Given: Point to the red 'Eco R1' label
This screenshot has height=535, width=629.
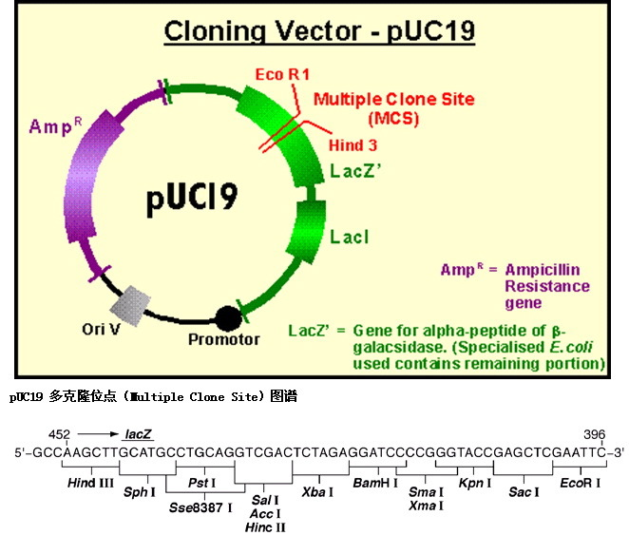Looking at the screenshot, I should point(282,73).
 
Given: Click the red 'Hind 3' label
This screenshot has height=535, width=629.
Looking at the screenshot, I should point(353,145).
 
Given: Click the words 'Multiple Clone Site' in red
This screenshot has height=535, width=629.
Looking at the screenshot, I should point(394,99).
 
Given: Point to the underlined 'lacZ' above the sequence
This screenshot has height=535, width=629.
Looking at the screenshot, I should point(138,434).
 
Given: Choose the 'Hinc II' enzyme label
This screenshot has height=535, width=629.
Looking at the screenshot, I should point(265,525).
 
